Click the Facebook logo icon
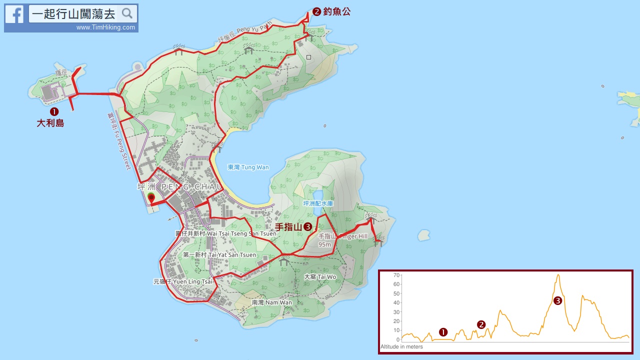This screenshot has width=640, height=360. click(x=14, y=14)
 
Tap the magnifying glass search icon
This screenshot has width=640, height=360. click(x=127, y=13)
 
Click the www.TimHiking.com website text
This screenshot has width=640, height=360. click(x=105, y=27)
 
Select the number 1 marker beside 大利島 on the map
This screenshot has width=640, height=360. click(x=54, y=111)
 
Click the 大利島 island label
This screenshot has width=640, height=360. click(x=50, y=123)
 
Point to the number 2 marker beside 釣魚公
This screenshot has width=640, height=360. click(x=316, y=11)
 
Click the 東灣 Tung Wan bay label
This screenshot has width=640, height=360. click(x=248, y=167)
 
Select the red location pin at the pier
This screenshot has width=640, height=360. click(x=151, y=198)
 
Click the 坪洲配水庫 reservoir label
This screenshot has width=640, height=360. click(x=318, y=203)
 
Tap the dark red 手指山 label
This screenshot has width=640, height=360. click(x=289, y=227)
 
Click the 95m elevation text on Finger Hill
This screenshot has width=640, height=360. click(x=325, y=244)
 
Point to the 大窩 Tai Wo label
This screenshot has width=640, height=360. click(x=320, y=276)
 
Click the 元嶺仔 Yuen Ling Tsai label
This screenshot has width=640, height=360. click(x=182, y=281)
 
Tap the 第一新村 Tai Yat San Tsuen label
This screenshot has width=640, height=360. click(x=219, y=255)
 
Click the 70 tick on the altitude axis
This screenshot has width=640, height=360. click(x=396, y=275)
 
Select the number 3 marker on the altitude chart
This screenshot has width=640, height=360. click(x=558, y=300)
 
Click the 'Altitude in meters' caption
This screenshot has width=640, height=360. click(x=401, y=346)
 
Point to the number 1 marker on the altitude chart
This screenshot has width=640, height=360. click(x=443, y=332)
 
